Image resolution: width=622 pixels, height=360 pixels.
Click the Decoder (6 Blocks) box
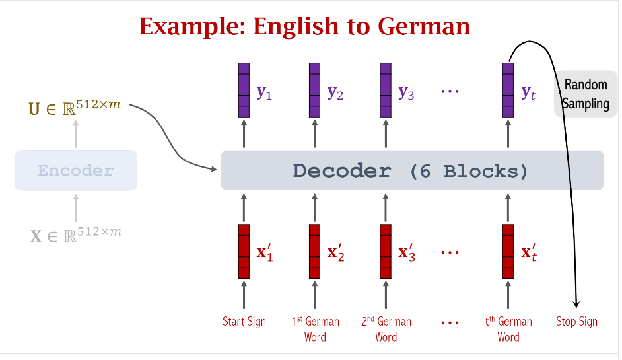tap(411, 170)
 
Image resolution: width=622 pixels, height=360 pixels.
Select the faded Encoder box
tap(76, 170)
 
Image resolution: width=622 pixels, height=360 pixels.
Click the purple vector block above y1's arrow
tap(244, 90)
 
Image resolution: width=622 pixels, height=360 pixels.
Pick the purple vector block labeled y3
tap(386, 90)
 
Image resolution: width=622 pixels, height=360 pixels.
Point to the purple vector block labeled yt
tap(508, 90)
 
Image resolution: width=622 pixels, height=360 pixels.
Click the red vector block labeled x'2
tap(315, 252)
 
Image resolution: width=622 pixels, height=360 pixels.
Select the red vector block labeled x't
tap(508, 252)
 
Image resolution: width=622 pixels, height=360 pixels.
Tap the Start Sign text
tap(244, 322)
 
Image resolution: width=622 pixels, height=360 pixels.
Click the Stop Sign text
tap(577, 322)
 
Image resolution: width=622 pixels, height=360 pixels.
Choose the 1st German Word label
tap(315, 329)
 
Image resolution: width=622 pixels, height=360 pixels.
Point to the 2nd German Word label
tap(386, 329)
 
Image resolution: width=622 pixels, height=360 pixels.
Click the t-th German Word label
tap(508, 329)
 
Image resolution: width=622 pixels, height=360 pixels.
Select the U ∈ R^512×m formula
tap(75, 106)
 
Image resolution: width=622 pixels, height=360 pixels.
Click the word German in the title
tap(424, 26)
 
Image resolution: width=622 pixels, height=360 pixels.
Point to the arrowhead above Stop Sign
tap(576, 303)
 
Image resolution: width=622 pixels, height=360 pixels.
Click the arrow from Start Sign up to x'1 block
tap(244, 295)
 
